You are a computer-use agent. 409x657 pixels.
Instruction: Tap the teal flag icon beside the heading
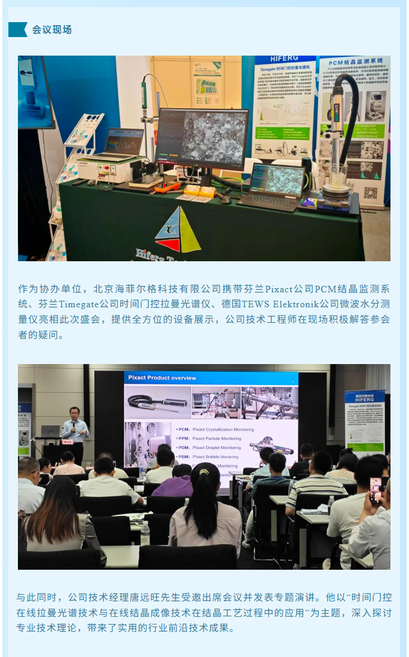point(19,29)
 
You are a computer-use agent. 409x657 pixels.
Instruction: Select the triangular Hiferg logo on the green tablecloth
point(177,230)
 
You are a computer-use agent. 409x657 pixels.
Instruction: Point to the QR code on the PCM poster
point(371,193)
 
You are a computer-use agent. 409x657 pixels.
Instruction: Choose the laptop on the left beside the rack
point(122,144)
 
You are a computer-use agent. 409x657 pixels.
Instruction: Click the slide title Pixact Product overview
point(163,378)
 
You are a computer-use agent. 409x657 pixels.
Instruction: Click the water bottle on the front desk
point(144,532)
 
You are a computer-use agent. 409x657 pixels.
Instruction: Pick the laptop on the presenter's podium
point(50,431)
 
